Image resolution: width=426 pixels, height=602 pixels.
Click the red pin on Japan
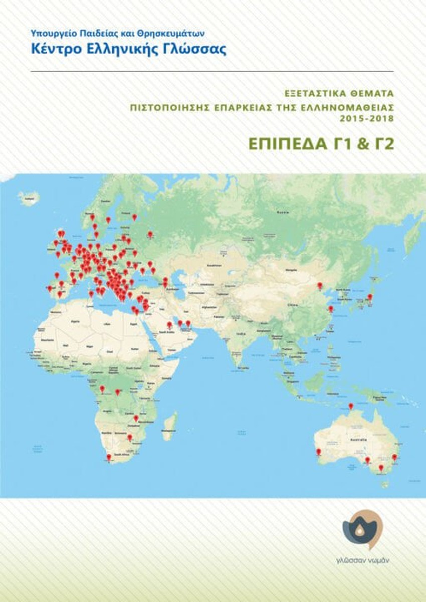pyautogui.click(x=370, y=297)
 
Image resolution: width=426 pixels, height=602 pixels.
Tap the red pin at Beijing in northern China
pyautogui.click(x=320, y=285)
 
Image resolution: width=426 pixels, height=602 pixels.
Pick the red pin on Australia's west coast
pyautogui.click(x=319, y=452)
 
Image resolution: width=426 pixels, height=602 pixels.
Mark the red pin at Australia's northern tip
pyautogui.click(x=351, y=406)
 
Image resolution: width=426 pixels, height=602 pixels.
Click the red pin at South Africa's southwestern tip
pyautogui.click(x=109, y=457)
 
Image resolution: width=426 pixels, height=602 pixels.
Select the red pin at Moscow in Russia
pyautogui.click(x=150, y=234)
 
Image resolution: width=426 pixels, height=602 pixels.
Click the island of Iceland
pyautogui.click(x=29, y=198)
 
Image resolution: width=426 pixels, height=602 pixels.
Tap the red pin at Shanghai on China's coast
pyautogui.click(x=330, y=308)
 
